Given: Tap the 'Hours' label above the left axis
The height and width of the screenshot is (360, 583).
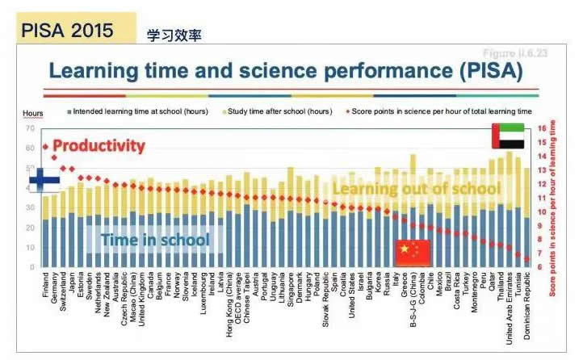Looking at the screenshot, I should click(x=32, y=113).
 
